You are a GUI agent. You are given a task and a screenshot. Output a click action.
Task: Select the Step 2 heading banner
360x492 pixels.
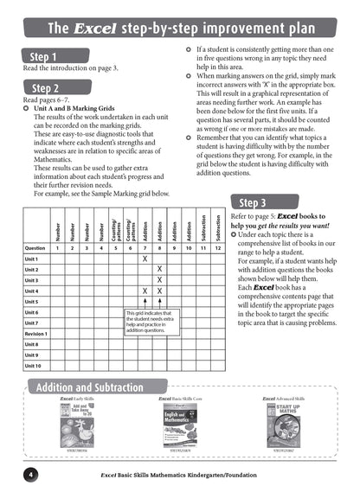46,88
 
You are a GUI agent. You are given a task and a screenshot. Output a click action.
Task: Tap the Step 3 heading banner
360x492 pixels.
254,203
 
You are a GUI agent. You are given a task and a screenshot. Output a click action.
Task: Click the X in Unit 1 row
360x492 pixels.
145,259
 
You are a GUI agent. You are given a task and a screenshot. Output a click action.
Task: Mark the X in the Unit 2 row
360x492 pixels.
159,270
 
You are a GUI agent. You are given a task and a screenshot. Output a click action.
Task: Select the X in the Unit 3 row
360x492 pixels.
159,280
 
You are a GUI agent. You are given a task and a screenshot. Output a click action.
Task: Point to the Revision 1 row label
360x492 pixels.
36,333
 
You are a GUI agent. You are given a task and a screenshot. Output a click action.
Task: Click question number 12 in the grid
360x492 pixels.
218,247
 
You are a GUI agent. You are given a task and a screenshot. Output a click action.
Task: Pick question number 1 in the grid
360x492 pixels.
58,247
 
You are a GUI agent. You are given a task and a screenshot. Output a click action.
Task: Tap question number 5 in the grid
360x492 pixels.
116,247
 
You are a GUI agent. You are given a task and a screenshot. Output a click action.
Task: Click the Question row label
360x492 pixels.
35,247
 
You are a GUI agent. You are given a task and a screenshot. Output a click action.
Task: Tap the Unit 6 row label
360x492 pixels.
32,312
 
